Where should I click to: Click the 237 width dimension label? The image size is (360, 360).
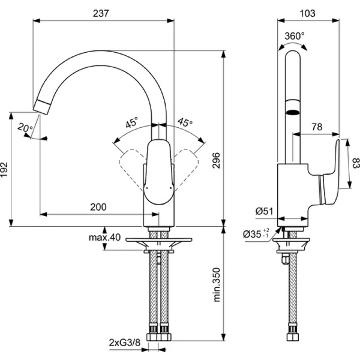(x=102, y=14)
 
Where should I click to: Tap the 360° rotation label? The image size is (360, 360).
(x=294, y=36)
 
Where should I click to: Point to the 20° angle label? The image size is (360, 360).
(x=25, y=127)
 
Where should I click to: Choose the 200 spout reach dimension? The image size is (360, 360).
(x=98, y=207)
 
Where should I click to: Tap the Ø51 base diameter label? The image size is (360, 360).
(x=264, y=211)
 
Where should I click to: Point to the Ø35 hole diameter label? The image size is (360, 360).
(x=254, y=235)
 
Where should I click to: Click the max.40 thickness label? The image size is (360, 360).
(x=105, y=238)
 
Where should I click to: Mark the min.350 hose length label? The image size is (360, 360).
(x=217, y=284)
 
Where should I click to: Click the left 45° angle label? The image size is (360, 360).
(x=131, y=123)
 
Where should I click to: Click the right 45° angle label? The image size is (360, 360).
(x=185, y=123)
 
